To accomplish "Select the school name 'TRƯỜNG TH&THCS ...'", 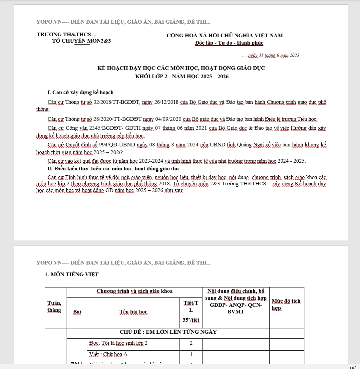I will [x=67, y=34].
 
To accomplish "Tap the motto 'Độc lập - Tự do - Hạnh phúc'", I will [x=229, y=43].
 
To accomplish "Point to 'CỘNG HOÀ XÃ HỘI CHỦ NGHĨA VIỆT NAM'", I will [x=225, y=36].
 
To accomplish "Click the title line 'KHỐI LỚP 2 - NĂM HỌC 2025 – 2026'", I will [x=181, y=77].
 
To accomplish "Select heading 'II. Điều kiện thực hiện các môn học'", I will [x=114, y=169].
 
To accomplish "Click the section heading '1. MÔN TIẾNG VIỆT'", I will [x=72, y=275].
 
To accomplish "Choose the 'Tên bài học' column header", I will [x=133, y=312].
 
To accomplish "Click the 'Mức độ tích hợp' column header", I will [x=286, y=304].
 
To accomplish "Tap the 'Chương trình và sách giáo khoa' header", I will [x=135, y=291].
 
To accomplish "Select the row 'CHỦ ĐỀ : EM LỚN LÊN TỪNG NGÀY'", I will [x=168, y=332].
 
